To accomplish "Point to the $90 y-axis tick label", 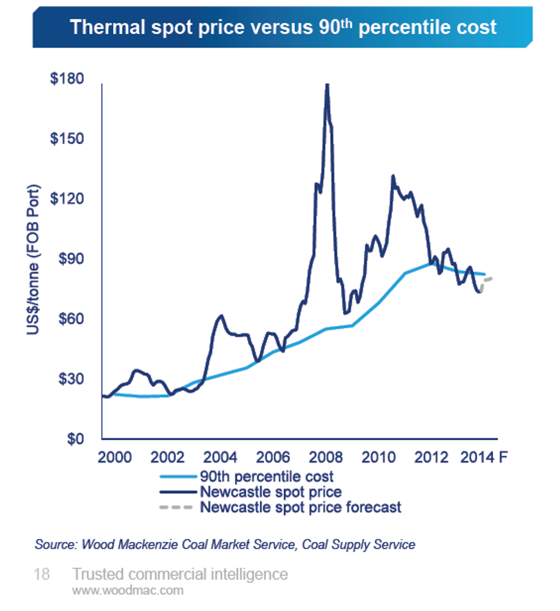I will click(x=71, y=259).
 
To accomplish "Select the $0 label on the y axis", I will click(x=78, y=439).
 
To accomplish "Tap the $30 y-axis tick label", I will click(x=71, y=379).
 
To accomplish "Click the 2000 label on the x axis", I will click(x=114, y=457).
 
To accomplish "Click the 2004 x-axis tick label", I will click(x=221, y=457).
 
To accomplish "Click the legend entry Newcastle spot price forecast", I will click(x=301, y=507).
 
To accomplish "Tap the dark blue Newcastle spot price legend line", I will click(x=177, y=492).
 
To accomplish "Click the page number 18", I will click(x=42, y=574).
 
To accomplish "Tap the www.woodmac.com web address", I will click(x=127, y=590).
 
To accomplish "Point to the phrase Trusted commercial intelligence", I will click(x=179, y=574).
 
